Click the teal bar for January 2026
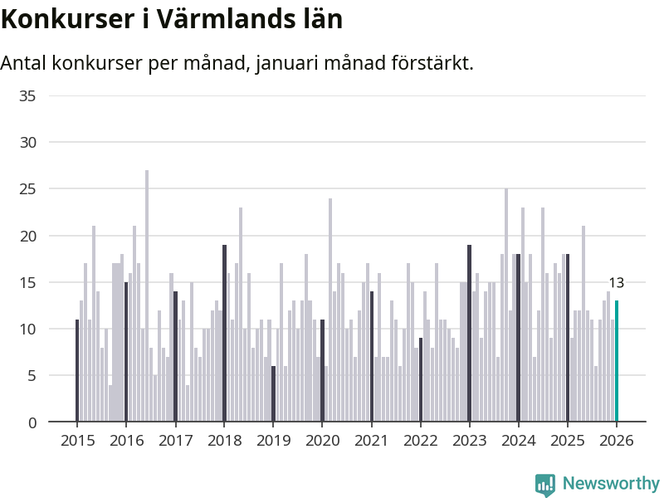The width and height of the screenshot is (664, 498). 617,361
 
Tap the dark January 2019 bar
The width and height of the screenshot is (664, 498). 273,394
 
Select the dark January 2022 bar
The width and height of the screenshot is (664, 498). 421,380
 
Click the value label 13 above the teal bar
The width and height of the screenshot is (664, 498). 616,283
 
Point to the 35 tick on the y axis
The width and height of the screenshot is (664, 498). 27,96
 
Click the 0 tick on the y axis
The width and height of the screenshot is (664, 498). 32,422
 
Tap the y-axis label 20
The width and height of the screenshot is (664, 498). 27,236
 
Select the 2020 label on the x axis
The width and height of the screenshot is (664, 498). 322,441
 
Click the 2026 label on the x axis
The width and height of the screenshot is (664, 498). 617,441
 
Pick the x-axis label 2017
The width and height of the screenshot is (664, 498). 175,441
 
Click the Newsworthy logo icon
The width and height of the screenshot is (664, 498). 544,485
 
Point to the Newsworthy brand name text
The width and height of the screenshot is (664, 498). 611,483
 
